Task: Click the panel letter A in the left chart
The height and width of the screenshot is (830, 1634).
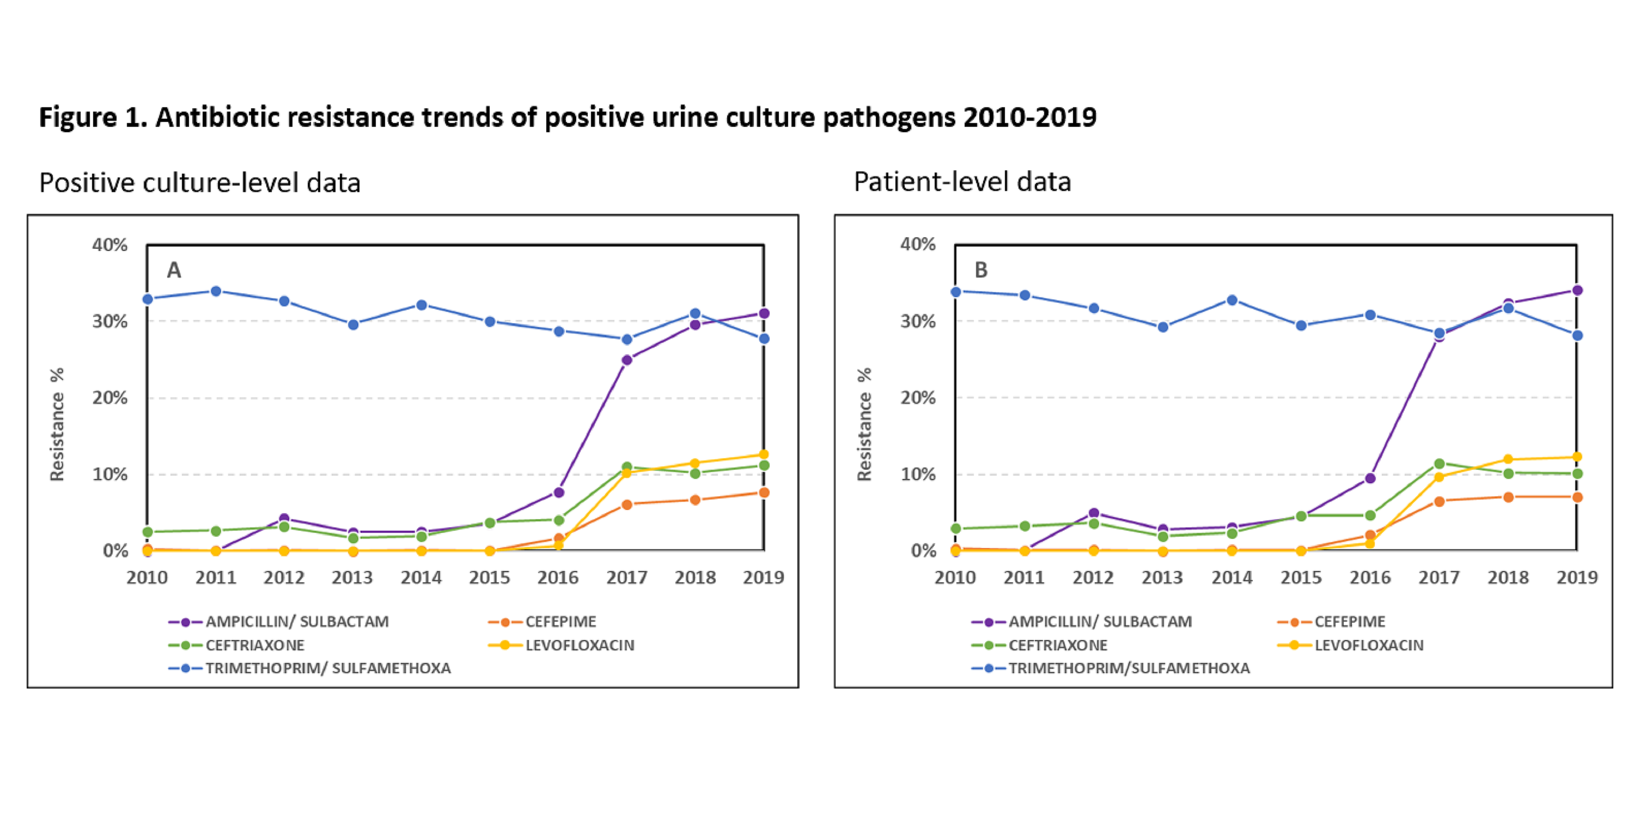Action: [x=174, y=270]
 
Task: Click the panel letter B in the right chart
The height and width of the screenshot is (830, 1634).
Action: [x=980, y=270]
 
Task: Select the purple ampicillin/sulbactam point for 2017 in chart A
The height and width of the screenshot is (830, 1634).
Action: [x=627, y=360]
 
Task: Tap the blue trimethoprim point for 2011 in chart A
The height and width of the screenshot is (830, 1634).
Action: [x=216, y=291]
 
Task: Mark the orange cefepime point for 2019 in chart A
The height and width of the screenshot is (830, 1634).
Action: [x=764, y=493]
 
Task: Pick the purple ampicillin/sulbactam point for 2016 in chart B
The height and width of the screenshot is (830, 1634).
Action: [x=1370, y=478]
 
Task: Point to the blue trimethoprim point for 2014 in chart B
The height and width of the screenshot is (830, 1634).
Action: [x=1232, y=300]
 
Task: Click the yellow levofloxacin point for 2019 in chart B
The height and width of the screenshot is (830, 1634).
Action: [x=1577, y=457]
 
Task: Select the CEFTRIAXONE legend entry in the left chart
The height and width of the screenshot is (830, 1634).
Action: [x=254, y=645]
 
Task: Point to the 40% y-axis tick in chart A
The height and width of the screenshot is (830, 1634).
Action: [x=109, y=245]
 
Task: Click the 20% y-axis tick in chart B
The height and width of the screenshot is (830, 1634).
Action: [x=917, y=398]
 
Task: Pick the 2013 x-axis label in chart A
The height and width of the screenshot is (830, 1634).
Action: [x=353, y=577]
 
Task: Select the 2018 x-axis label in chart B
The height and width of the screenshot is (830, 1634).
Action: [x=1508, y=577]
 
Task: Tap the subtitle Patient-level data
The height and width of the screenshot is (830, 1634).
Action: [x=962, y=182]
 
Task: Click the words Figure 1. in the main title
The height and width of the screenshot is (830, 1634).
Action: [x=93, y=118]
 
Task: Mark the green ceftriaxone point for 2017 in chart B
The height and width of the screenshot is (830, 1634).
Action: [x=1439, y=464]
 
